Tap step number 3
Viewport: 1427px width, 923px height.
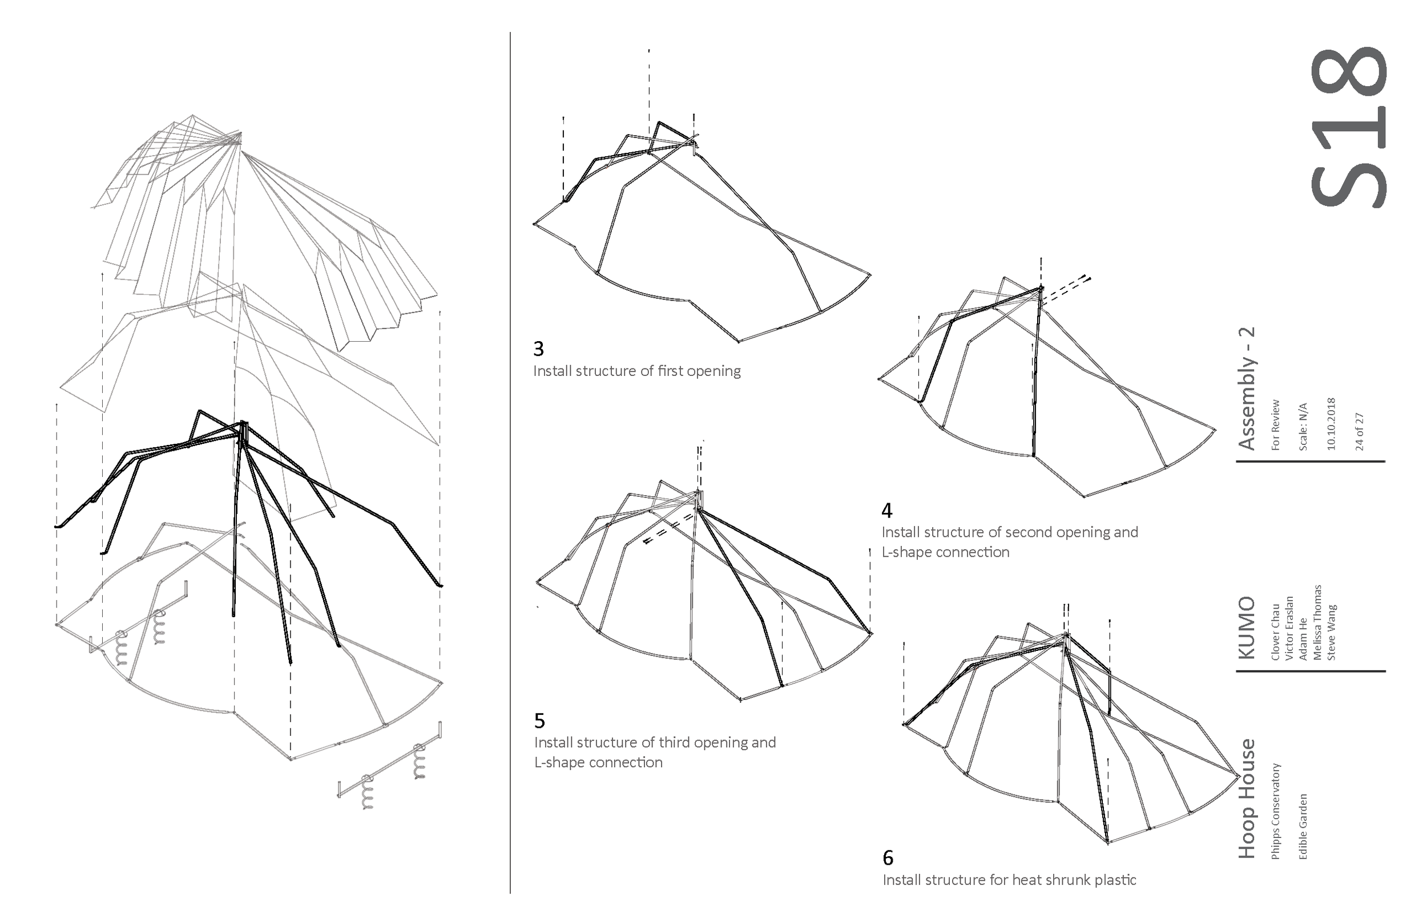(538, 349)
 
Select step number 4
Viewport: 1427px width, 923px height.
(887, 511)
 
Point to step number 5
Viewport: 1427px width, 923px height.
(539, 720)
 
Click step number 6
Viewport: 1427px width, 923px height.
(888, 859)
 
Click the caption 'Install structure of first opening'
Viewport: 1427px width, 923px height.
(637, 371)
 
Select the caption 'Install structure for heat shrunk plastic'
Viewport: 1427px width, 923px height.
(1009, 880)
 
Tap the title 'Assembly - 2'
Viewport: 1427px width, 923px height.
(1247, 388)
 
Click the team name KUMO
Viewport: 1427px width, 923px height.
(1247, 627)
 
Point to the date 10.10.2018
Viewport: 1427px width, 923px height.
(1331, 424)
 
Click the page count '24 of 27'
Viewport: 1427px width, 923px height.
(1359, 431)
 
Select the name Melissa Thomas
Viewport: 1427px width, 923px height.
(1317, 622)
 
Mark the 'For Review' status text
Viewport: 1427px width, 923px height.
(1275, 425)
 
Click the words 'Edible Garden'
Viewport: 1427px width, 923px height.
(1303, 827)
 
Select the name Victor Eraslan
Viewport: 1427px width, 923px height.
(1289, 628)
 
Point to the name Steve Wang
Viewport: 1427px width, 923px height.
(1331, 632)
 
